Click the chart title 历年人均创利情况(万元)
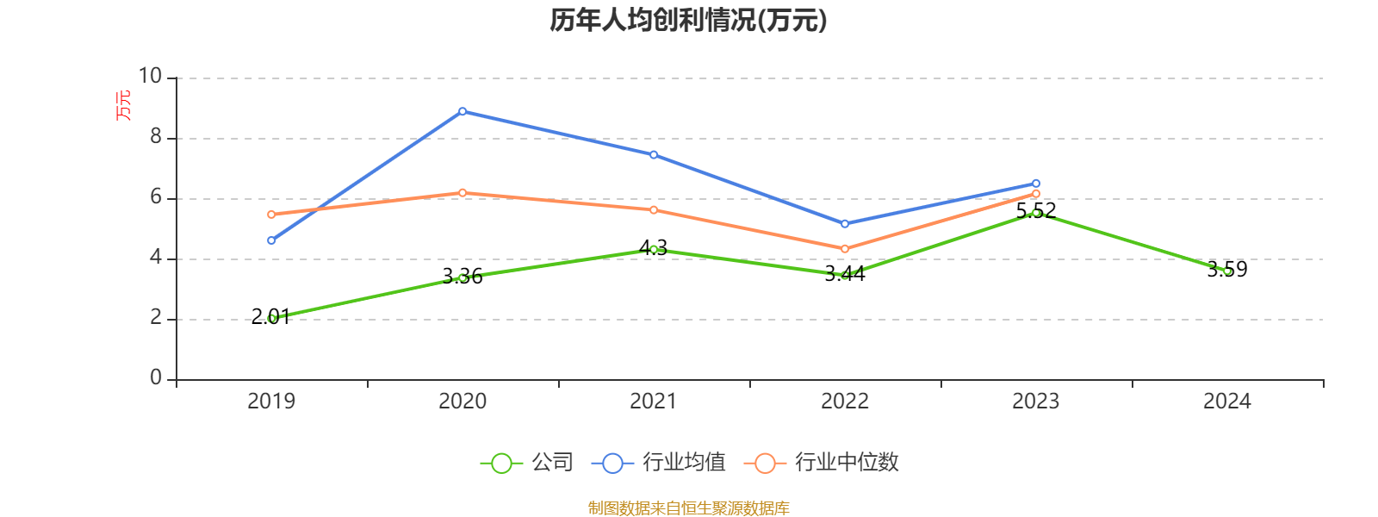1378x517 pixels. point(688,20)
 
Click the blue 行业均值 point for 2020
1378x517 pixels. point(462,111)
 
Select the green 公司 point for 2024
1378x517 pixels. point(1227,271)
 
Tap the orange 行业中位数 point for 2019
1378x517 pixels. point(271,215)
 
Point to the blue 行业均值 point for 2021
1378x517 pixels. point(654,155)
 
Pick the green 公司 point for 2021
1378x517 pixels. point(654,249)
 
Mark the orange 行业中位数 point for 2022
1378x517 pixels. point(845,249)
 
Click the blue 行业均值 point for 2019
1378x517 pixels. point(271,240)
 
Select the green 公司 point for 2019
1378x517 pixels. point(271,319)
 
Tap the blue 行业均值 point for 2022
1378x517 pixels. point(845,224)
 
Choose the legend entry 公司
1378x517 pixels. point(527,463)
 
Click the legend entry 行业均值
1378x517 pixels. point(659,463)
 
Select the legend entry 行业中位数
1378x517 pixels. point(826,463)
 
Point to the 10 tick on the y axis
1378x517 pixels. point(151,77)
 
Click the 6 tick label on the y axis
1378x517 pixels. point(156,197)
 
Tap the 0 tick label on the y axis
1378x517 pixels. point(156,378)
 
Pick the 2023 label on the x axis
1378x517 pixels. point(1035,402)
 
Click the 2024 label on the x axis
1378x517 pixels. point(1226,402)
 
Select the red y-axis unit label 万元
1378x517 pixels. point(124,105)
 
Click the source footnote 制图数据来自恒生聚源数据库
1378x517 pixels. point(688,508)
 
